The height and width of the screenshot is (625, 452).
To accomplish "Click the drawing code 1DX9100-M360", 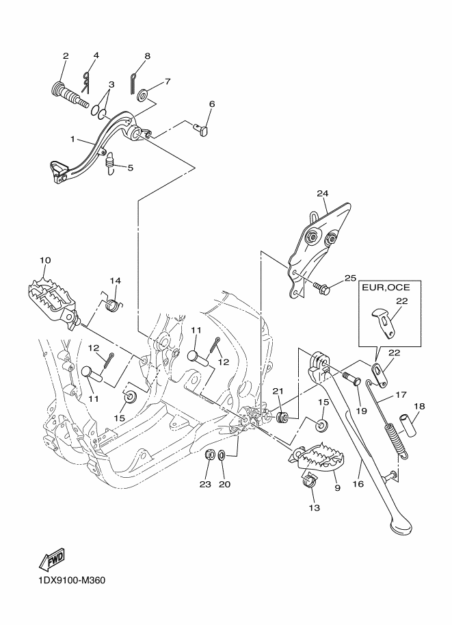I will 67,581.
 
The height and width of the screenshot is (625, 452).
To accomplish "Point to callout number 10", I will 44,260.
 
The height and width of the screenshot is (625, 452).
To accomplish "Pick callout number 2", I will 66,55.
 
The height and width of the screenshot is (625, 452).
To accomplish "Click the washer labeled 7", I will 144,94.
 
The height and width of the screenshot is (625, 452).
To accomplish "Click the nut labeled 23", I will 212,453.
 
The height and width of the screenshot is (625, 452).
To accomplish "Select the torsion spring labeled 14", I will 114,298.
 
